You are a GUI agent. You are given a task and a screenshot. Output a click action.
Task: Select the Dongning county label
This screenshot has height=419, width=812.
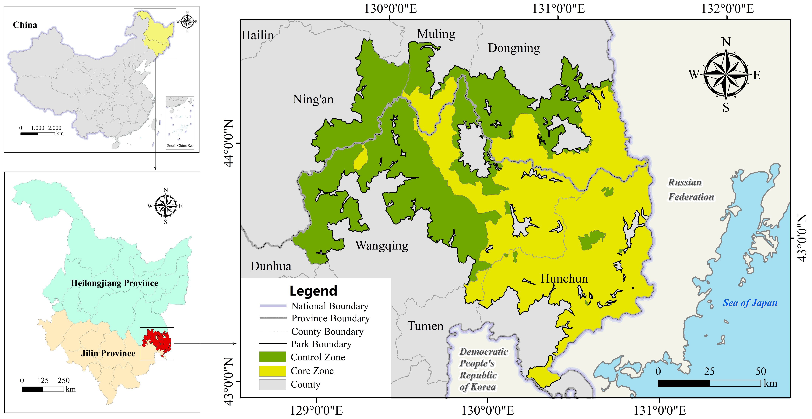point(514,48)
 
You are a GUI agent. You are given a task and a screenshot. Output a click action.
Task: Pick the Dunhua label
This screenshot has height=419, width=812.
point(271,266)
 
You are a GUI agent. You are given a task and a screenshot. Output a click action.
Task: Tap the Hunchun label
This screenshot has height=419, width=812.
point(564,279)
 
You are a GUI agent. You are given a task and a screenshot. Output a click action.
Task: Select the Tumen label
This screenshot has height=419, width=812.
point(425,326)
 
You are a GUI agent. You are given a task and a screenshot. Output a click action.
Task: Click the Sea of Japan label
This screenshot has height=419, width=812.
point(750,303)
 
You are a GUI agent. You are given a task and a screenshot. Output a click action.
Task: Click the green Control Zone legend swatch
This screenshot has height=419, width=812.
point(272,357)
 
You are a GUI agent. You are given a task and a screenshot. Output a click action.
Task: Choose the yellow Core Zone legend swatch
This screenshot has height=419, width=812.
point(272,371)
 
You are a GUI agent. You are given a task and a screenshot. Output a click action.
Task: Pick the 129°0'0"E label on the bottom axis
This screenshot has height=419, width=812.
point(316,410)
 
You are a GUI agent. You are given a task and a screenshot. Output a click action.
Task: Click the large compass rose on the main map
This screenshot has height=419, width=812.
point(726,75)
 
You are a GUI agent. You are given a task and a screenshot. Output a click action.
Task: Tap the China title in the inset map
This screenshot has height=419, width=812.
point(25,25)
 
